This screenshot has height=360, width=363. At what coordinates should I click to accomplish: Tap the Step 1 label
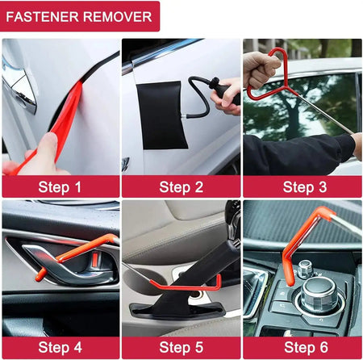coord(60,187)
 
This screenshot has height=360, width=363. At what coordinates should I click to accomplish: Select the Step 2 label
coord(181,187)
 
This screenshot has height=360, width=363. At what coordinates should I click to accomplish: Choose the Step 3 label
coord(302,187)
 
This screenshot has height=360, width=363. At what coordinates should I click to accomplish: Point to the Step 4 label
coord(60,348)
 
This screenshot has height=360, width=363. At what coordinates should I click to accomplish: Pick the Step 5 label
coord(181,348)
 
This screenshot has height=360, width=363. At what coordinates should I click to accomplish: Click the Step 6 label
coord(302,348)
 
